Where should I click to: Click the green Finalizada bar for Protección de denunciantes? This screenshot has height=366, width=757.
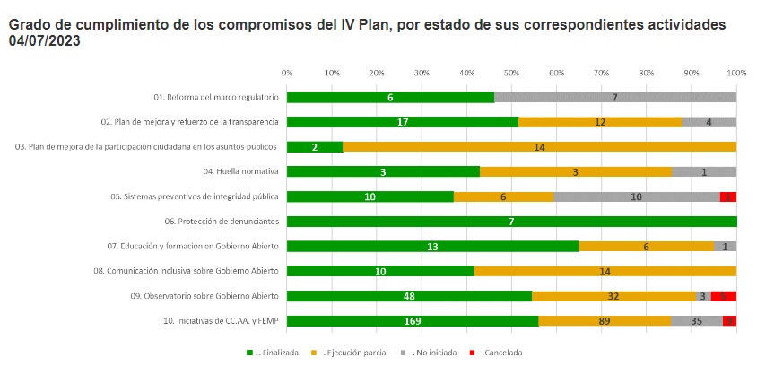pos(511,221)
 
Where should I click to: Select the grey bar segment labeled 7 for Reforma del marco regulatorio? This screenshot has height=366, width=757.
pos(614,97)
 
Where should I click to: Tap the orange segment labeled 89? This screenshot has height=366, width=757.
pos(605,320)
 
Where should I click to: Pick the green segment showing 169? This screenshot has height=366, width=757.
pos(413,320)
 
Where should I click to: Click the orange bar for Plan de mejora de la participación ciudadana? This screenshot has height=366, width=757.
pos(539,146)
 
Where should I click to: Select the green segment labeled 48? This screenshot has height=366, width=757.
pos(409,295)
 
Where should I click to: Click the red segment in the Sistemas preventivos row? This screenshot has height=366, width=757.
pos(728,196)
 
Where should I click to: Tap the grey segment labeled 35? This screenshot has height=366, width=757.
pos(697,320)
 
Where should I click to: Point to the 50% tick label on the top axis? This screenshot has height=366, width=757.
pos(511,72)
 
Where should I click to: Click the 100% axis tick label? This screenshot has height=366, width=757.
pos(736,72)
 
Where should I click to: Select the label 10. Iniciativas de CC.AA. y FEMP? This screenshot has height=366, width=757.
pos(205,320)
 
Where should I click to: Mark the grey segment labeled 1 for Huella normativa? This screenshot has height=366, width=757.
pos(704,171)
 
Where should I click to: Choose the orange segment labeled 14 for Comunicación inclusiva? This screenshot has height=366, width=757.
pos(605,270)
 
